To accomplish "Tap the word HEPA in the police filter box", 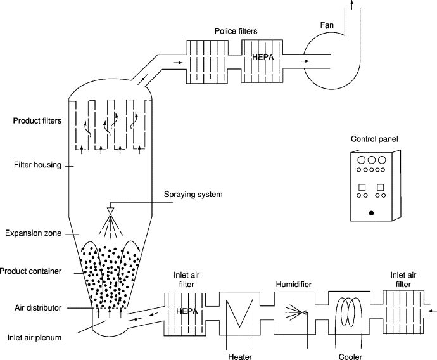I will pyautogui.click(x=262, y=58).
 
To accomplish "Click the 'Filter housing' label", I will pyautogui.click(x=37, y=165).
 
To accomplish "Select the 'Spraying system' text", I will pyautogui.click(x=193, y=194).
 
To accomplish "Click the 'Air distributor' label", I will pyautogui.click(x=38, y=307).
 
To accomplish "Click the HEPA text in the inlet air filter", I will pyautogui.click(x=184, y=311).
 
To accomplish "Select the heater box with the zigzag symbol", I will pyautogui.click(x=239, y=311).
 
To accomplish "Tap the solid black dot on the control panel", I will pyautogui.click(x=371, y=212).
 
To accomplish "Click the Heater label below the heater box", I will pyautogui.click(x=240, y=356).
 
